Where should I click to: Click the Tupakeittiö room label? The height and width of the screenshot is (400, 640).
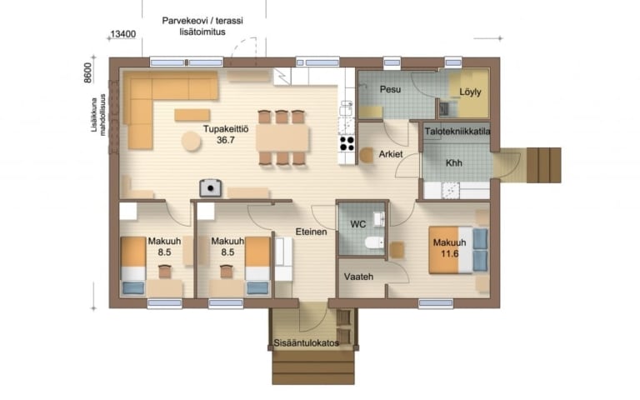[x=226, y=129]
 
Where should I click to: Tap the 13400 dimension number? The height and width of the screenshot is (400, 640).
[x=123, y=34]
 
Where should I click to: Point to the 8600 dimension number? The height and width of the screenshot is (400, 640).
[x=88, y=73]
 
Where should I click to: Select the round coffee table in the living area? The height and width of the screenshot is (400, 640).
[x=191, y=142]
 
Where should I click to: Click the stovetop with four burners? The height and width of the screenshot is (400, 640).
[x=347, y=143]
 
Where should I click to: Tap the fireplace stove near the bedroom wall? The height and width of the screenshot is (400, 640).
[x=211, y=187]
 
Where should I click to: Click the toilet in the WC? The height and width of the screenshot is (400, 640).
[x=374, y=242]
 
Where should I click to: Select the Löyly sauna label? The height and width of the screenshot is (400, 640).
[x=470, y=92]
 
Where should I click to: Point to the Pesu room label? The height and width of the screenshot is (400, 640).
[x=390, y=89]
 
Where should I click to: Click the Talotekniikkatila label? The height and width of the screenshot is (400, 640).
[x=457, y=132]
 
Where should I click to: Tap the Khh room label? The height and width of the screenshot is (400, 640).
[x=454, y=162]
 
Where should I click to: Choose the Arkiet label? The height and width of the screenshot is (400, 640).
[x=391, y=154]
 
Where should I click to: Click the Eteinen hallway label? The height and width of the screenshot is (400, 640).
[x=311, y=232]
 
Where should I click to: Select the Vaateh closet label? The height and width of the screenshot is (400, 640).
[x=358, y=277]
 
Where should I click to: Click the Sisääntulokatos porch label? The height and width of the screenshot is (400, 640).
[x=306, y=342]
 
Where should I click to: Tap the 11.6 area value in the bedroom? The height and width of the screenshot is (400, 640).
[x=449, y=253]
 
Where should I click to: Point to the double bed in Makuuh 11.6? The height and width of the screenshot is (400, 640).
[x=458, y=250]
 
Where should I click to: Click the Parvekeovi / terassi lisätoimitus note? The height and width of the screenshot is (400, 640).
[x=202, y=26]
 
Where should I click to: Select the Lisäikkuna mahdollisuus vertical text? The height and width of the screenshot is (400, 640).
[x=98, y=115]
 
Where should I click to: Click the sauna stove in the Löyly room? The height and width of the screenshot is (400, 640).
[x=443, y=107]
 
